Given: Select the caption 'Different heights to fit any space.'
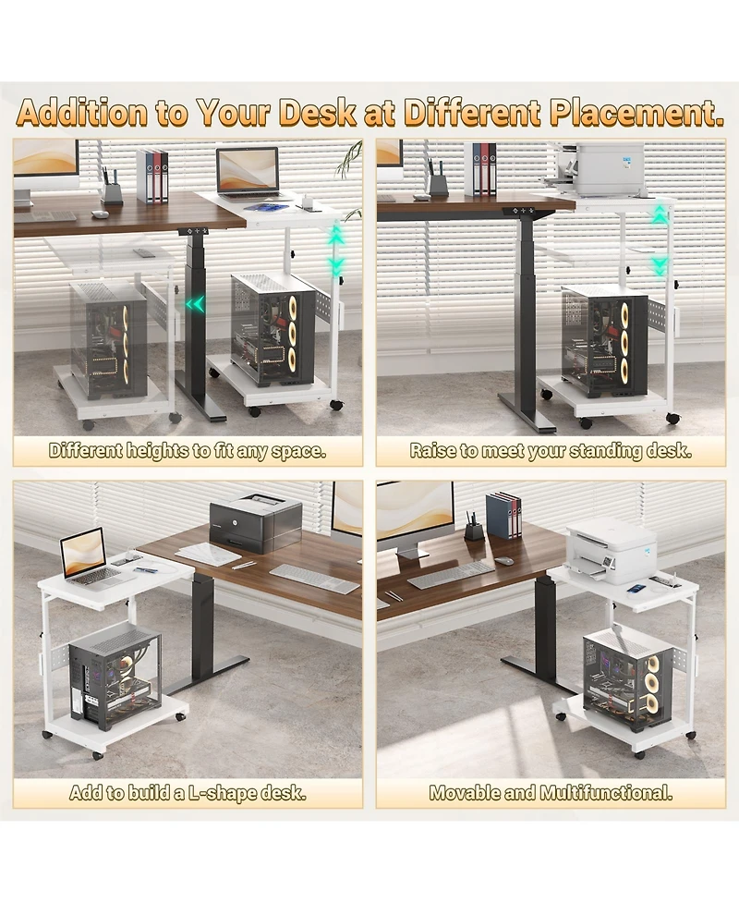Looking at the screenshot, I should click(188, 452).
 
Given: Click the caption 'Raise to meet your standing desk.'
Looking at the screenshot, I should click(551, 452).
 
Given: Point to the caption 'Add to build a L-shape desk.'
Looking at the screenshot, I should click(188, 792).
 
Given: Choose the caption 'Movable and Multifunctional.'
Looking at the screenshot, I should click(551, 792).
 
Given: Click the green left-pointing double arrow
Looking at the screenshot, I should click(195, 303).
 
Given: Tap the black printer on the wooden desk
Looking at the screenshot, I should click(255, 522).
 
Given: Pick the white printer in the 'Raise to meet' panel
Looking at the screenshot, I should click(606, 168).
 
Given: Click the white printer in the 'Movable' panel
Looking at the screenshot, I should click(611, 551).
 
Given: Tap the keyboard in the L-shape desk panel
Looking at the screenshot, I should click(313, 579).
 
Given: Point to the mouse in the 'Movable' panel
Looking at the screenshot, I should click(503, 561).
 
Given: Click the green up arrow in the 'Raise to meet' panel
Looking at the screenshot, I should click(660, 215).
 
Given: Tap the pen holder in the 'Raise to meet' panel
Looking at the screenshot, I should click(437, 180).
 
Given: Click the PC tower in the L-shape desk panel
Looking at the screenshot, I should click(115, 676).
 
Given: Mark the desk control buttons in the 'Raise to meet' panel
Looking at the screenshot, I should click(523, 211).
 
